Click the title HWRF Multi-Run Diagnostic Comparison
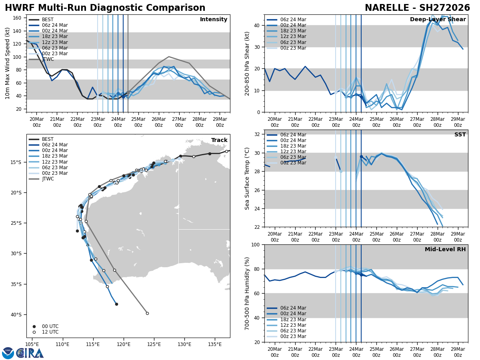[105, 8]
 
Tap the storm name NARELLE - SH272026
[417, 8]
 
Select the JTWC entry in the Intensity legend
[48, 59]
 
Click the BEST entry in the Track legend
[48, 139]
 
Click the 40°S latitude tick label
[16, 314]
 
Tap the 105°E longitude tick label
[32, 344]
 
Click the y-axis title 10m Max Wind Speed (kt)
[8, 63]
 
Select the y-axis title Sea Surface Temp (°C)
[247, 178]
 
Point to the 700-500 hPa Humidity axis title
[247, 293]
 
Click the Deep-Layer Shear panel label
[438, 20]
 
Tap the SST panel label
[460, 135]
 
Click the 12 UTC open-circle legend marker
[34, 332]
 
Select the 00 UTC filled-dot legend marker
[34, 326]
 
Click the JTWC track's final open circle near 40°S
[147, 313]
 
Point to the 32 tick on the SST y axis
[257, 134]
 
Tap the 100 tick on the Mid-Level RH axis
[256, 244]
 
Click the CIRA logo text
[30, 353]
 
